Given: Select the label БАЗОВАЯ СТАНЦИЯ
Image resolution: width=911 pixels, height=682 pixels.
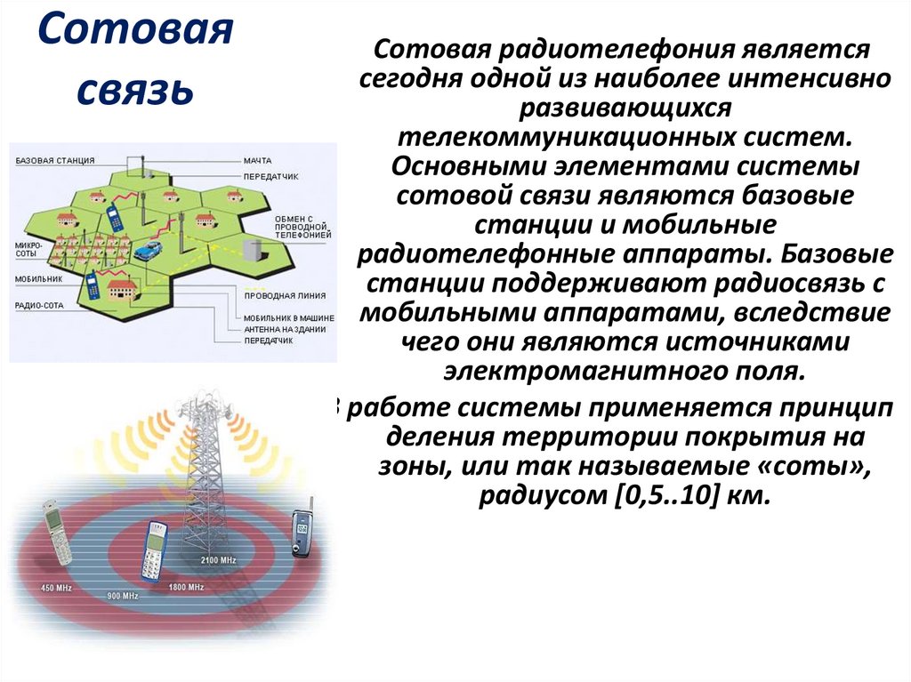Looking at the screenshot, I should click(x=55, y=161).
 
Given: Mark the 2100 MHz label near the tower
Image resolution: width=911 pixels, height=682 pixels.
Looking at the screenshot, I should click(x=217, y=558).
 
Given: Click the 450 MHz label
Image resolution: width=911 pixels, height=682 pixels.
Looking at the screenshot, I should click(x=56, y=588).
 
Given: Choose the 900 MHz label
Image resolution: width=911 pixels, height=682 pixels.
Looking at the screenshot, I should click(x=123, y=595).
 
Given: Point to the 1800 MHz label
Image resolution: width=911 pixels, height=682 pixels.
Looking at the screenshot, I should click(x=187, y=588).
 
